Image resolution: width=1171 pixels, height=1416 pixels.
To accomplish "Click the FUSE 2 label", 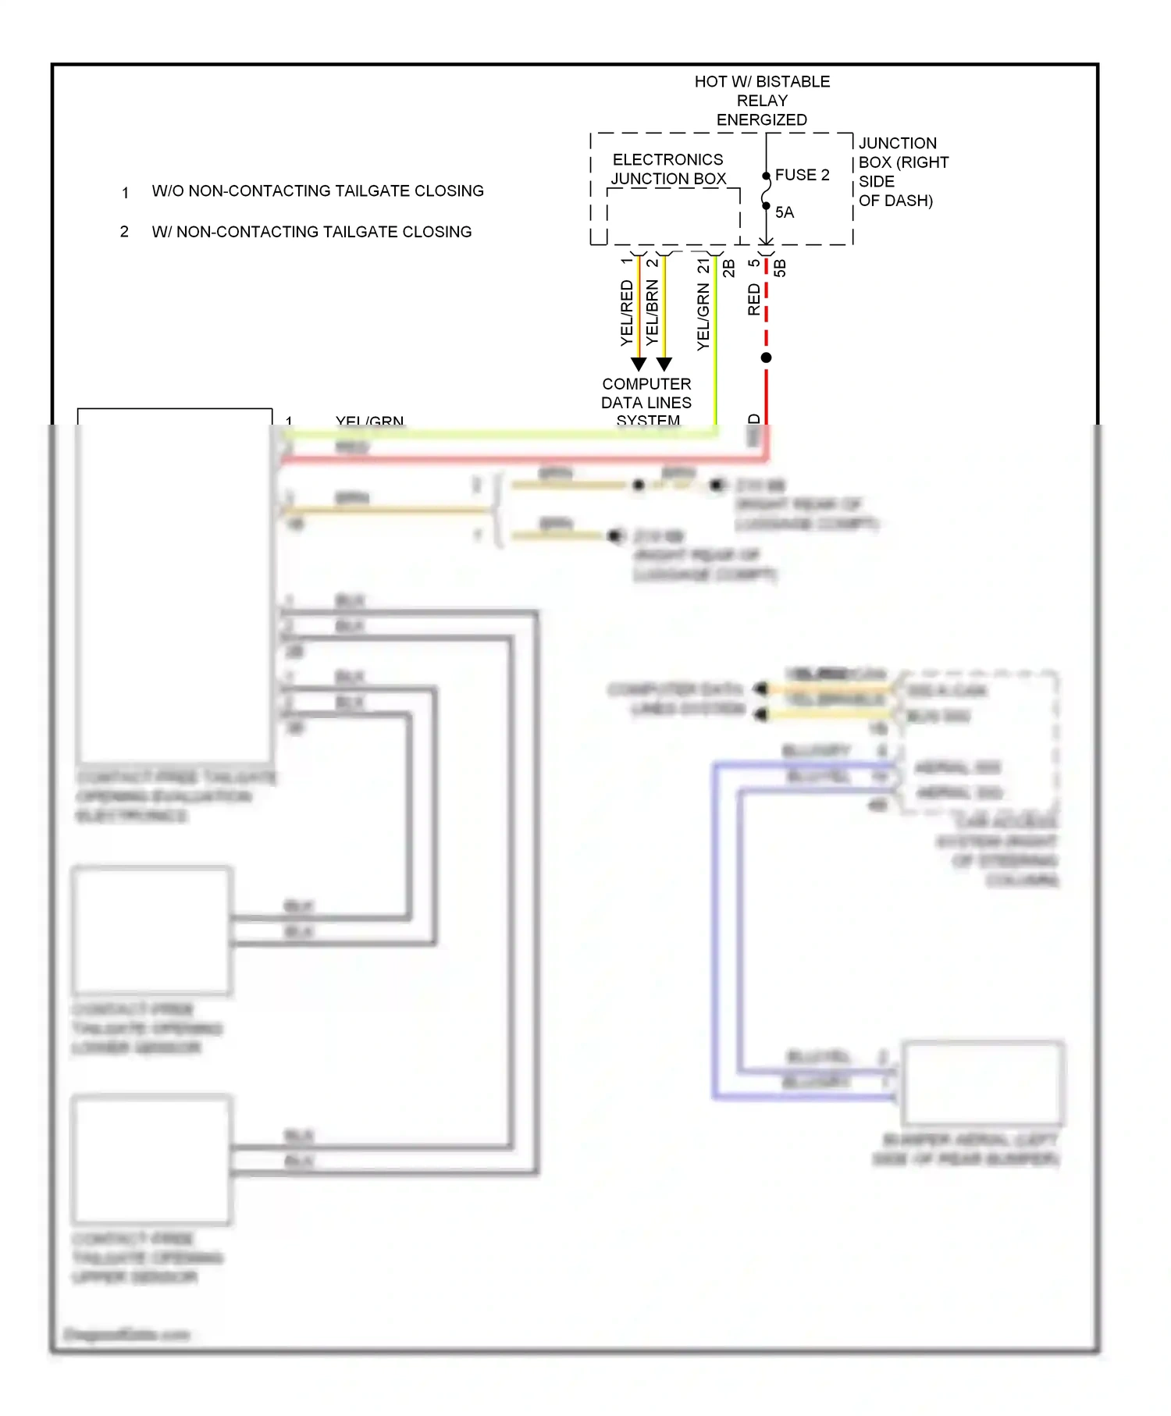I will coord(802,175).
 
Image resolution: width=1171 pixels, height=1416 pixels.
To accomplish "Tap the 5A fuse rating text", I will coord(784,212).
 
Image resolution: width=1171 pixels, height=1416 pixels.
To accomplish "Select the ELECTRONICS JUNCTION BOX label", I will coord(668,169).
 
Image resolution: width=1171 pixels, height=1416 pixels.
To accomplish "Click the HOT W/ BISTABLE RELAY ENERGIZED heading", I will coord(762,101).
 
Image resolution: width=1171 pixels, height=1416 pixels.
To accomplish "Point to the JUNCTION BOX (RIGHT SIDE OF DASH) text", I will coord(902,172).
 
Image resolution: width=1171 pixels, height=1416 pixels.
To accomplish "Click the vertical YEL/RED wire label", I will coord(626,313).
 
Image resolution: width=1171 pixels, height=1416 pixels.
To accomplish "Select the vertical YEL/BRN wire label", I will coord(652,313).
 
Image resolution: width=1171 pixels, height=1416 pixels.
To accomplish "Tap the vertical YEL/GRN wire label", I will coord(703,317).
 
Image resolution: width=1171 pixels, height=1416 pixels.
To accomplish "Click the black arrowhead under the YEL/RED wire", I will coord(639,364).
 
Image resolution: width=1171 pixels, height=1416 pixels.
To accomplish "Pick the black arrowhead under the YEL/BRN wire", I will coord(664,364).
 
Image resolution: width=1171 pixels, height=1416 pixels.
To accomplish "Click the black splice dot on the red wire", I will coord(767,358).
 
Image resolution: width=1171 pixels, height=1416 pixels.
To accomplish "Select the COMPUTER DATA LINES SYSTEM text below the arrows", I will coord(646,402).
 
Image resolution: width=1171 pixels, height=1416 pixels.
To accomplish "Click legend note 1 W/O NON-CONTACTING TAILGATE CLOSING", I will coord(317,191).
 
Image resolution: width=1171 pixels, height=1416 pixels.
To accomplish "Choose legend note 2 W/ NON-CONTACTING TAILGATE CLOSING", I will coord(311,232).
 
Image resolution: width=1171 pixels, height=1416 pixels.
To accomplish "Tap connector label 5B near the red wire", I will coord(780,268).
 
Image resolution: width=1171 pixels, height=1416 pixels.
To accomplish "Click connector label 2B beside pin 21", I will coord(728,268).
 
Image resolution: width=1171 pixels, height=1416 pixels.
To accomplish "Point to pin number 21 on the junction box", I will coord(703,266).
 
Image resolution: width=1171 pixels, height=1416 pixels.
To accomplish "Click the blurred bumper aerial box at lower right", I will coord(982,1082).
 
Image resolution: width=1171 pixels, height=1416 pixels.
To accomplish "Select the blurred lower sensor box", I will coord(152,930).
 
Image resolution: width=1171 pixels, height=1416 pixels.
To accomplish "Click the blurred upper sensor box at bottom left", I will coord(152,1159).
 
